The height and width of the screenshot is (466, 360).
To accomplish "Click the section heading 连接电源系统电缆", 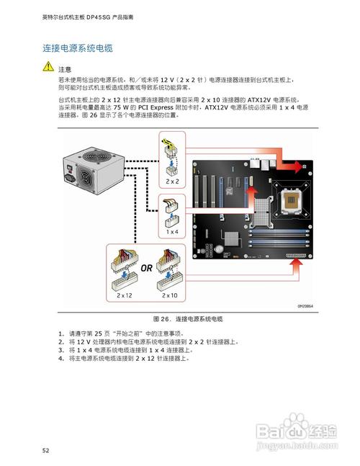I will pyautogui.click(x=77, y=48).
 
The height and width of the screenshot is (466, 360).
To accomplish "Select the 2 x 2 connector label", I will pyautogui.click(x=173, y=182).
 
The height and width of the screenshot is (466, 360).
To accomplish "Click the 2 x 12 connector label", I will pyautogui.click(x=124, y=295).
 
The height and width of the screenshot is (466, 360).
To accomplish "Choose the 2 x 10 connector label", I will pyautogui.click(x=170, y=295).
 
